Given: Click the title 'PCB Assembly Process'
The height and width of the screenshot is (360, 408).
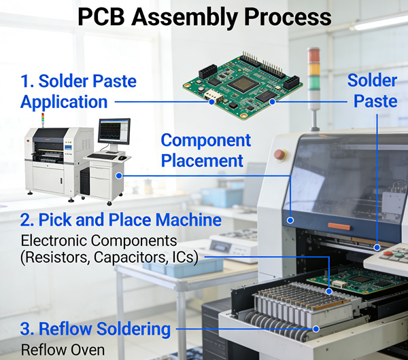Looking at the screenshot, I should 204,17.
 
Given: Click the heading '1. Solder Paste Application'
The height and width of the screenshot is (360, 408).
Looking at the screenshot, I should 78,92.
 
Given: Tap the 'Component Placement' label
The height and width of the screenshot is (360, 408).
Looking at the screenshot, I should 205,150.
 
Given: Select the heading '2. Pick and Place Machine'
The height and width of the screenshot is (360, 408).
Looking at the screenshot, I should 120,220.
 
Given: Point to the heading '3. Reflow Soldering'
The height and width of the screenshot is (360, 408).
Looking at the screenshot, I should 95,329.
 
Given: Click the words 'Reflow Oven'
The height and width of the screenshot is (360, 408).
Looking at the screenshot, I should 63,350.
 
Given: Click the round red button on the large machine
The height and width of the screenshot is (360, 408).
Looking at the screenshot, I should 279,154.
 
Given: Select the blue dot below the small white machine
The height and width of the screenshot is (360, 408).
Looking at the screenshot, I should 119,176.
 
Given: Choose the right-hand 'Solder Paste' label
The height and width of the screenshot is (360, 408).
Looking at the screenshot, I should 373,90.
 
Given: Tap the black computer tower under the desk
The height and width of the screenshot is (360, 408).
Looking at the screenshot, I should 84,182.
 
